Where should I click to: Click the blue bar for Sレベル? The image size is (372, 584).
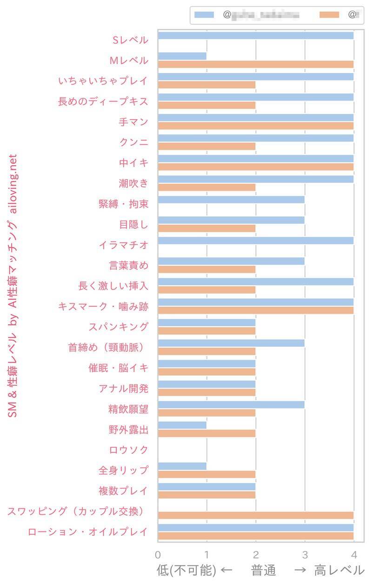(256, 36)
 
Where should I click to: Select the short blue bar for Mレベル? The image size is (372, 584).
(182, 56)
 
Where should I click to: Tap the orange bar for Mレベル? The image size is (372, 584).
(256, 64)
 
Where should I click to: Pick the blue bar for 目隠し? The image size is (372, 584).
(231, 220)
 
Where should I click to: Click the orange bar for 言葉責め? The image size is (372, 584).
(207, 269)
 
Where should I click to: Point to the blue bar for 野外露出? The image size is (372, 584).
(182, 425)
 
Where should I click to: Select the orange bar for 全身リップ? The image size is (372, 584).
(207, 474)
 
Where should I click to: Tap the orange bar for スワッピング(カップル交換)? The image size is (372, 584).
(256, 515)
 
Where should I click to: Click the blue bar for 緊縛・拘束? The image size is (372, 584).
(231, 200)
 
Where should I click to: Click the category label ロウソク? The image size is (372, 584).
(128, 450)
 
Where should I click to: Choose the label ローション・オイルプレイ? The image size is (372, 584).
(88, 532)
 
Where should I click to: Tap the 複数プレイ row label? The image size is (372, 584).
(123, 491)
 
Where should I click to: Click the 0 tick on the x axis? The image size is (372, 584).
(158, 555)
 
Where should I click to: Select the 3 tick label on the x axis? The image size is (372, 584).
(305, 555)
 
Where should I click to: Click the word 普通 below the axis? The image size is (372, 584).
(264, 571)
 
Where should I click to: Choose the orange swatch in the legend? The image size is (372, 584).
(331, 15)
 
